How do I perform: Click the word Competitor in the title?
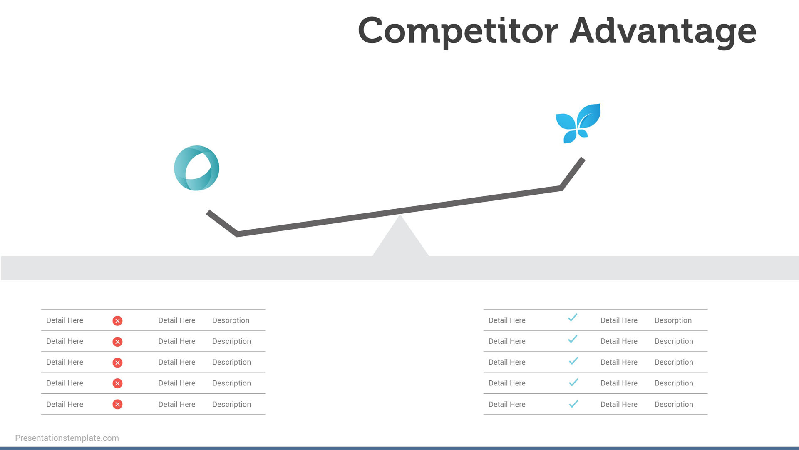coord(458,32)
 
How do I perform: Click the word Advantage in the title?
coord(663,32)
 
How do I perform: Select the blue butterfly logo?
coord(578,123)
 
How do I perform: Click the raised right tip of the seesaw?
coord(583,159)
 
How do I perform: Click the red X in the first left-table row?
coord(117,320)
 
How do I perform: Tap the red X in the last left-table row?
coord(117,404)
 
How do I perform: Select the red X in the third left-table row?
coord(117,362)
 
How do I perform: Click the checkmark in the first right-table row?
coord(573,318)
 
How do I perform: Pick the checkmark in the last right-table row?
coord(573,404)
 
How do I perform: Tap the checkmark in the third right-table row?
coord(573,361)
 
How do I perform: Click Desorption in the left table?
coord(231,320)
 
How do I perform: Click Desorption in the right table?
coord(673,320)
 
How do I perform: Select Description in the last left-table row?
coord(231,405)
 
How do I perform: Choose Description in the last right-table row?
coord(674,405)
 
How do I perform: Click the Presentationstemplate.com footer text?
coord(67,438)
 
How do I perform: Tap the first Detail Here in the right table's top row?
coord(507,320)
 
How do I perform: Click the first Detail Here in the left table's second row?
coord(65,341)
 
